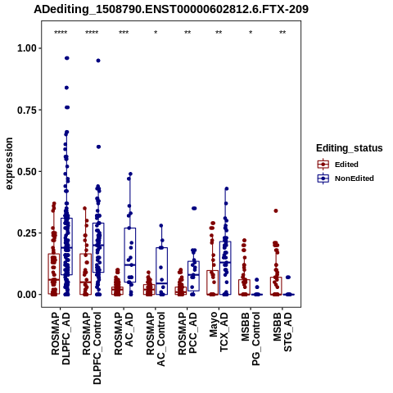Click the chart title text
171,9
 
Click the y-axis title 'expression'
9,164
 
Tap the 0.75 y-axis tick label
27,110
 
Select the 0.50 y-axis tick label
27,172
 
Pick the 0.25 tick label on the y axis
27,233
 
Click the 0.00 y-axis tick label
27,295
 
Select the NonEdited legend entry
346,178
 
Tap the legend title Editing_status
350,148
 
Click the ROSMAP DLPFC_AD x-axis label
61,338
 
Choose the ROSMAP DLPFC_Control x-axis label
92,348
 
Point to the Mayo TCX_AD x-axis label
219,332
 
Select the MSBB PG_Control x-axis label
251,339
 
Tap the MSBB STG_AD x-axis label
282,332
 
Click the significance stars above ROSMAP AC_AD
124,33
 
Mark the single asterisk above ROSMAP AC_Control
156,33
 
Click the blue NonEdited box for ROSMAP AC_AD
130,228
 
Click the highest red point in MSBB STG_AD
276,210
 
